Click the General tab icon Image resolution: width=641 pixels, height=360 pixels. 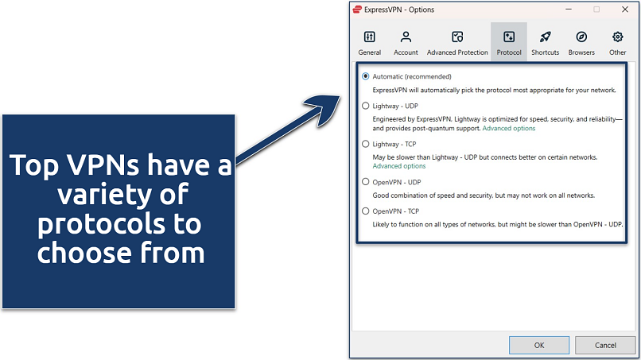(x=369, y=37)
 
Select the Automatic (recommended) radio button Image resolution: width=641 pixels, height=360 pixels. (x=366, y=76)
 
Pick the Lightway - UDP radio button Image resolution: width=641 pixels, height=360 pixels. (x=366, y=105)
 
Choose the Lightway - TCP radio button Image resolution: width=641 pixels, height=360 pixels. (x=366, y=144)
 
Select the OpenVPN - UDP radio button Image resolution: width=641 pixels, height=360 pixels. (x=366, y=182)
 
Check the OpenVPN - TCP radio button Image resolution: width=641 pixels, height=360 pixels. (x=366, y=211)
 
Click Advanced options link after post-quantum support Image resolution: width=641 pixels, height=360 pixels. (x=508, y=128)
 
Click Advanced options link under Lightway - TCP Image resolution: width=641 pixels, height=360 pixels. (x=399, y=166)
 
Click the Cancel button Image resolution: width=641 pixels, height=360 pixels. (x=605, y=344)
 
